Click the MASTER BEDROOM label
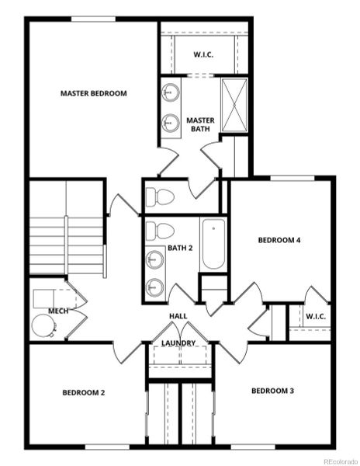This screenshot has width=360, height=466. click(x=93, y=93)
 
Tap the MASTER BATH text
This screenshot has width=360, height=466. click(x=200, y=124)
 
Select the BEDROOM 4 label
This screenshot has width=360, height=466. click(x=279, y=240)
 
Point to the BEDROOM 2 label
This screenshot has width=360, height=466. click(x=84, y=392)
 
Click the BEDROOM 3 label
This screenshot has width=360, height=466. click(x=272, y=391)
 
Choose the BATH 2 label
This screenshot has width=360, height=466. click(x=179, y=249)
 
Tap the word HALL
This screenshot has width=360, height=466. click(x=178, y=315)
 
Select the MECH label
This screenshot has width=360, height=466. click(x=58, y=311)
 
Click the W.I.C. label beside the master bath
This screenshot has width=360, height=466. click(x=203, y=54)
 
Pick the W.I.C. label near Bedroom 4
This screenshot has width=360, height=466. click(x=315, y=316)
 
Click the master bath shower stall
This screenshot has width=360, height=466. click(x=234, y=105)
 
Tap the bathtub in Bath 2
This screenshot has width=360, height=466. click(x=213, y=245)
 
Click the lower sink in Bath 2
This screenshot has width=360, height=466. click(x=156, y=285)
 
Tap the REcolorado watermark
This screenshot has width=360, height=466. click(x=336, y=458)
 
